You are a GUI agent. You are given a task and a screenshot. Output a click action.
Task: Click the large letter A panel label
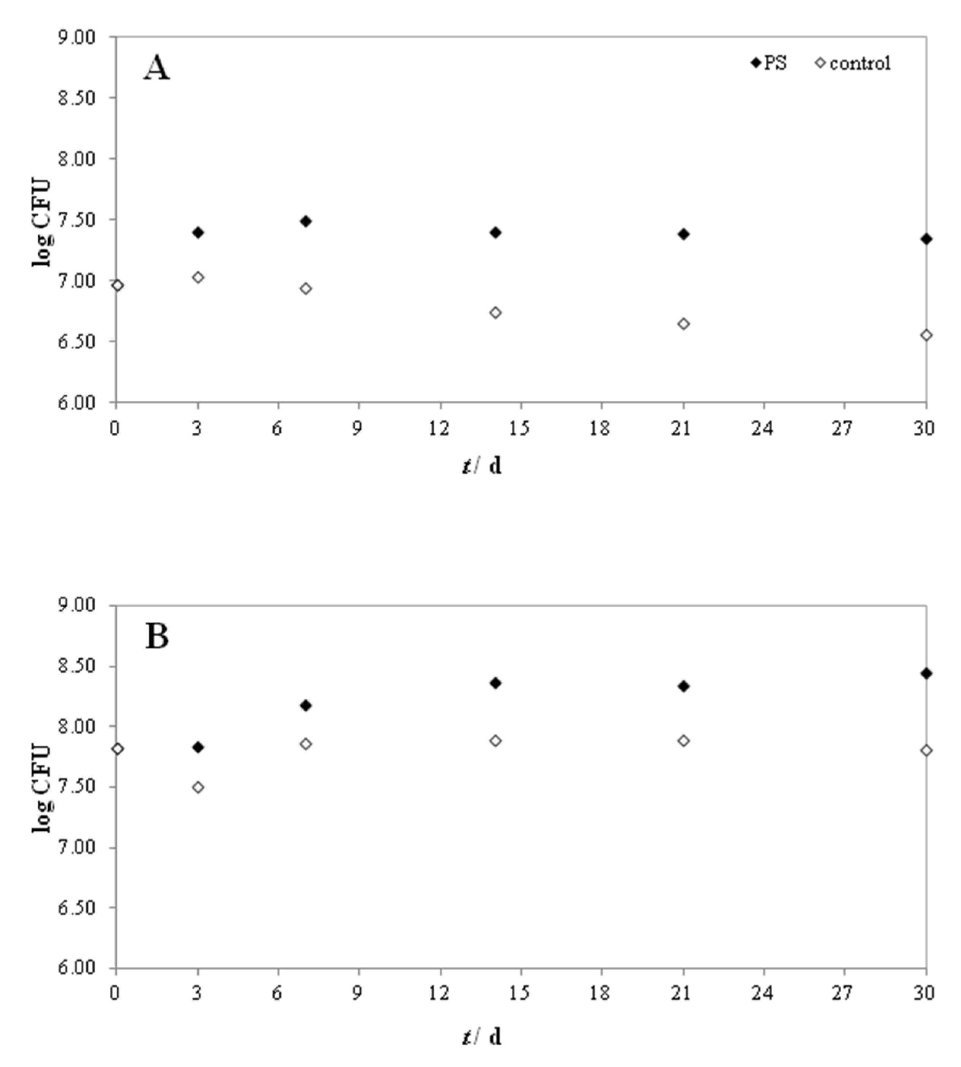157,69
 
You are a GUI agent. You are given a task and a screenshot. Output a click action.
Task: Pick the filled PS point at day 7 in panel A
306,221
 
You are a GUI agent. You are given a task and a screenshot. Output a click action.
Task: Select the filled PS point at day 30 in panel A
926,239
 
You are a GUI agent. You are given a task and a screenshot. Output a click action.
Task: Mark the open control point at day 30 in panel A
926,335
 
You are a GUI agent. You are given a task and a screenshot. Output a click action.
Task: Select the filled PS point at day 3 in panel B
198,747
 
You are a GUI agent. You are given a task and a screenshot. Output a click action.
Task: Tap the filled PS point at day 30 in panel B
926,673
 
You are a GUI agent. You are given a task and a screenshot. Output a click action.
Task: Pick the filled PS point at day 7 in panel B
306,705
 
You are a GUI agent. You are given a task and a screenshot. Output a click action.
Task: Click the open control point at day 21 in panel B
683,741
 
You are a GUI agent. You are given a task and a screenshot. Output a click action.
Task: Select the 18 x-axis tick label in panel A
600,429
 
